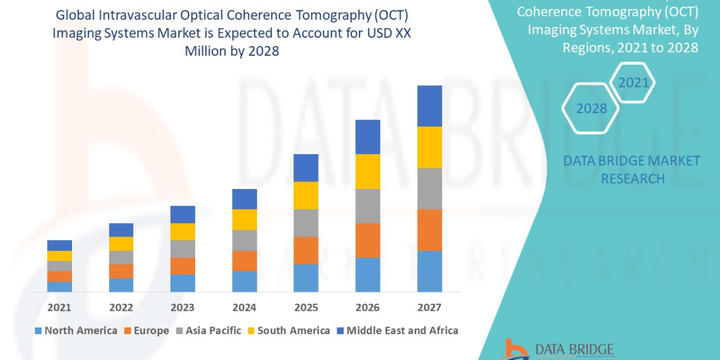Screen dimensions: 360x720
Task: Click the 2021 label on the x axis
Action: point(59,308)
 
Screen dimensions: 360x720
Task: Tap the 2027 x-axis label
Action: point(429,308)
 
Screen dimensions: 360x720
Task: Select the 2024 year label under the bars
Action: point(244,308)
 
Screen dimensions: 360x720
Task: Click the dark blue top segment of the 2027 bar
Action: point(429,106)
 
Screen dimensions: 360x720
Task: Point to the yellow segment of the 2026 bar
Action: point(367,172)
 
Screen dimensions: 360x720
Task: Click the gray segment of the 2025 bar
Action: point(305,223)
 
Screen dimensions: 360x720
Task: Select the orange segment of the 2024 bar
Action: point(244,260)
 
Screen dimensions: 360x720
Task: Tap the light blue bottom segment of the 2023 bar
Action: point(182,283)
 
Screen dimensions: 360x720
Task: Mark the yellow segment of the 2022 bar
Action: point(121,244)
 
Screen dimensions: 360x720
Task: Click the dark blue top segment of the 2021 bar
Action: point(59,245)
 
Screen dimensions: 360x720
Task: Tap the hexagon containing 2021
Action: point(634,82)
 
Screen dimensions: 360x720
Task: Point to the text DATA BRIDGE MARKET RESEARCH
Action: point(632,169)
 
